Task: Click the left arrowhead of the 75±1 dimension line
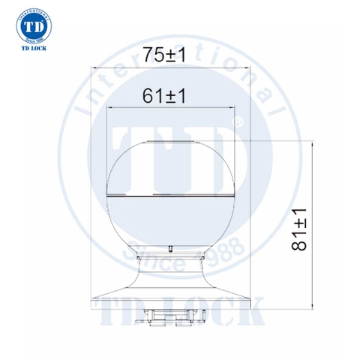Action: (94, 68)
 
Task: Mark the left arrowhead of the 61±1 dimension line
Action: (111, 107)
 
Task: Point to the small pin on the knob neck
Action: (171, 246)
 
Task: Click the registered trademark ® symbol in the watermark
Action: (239, 121)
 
